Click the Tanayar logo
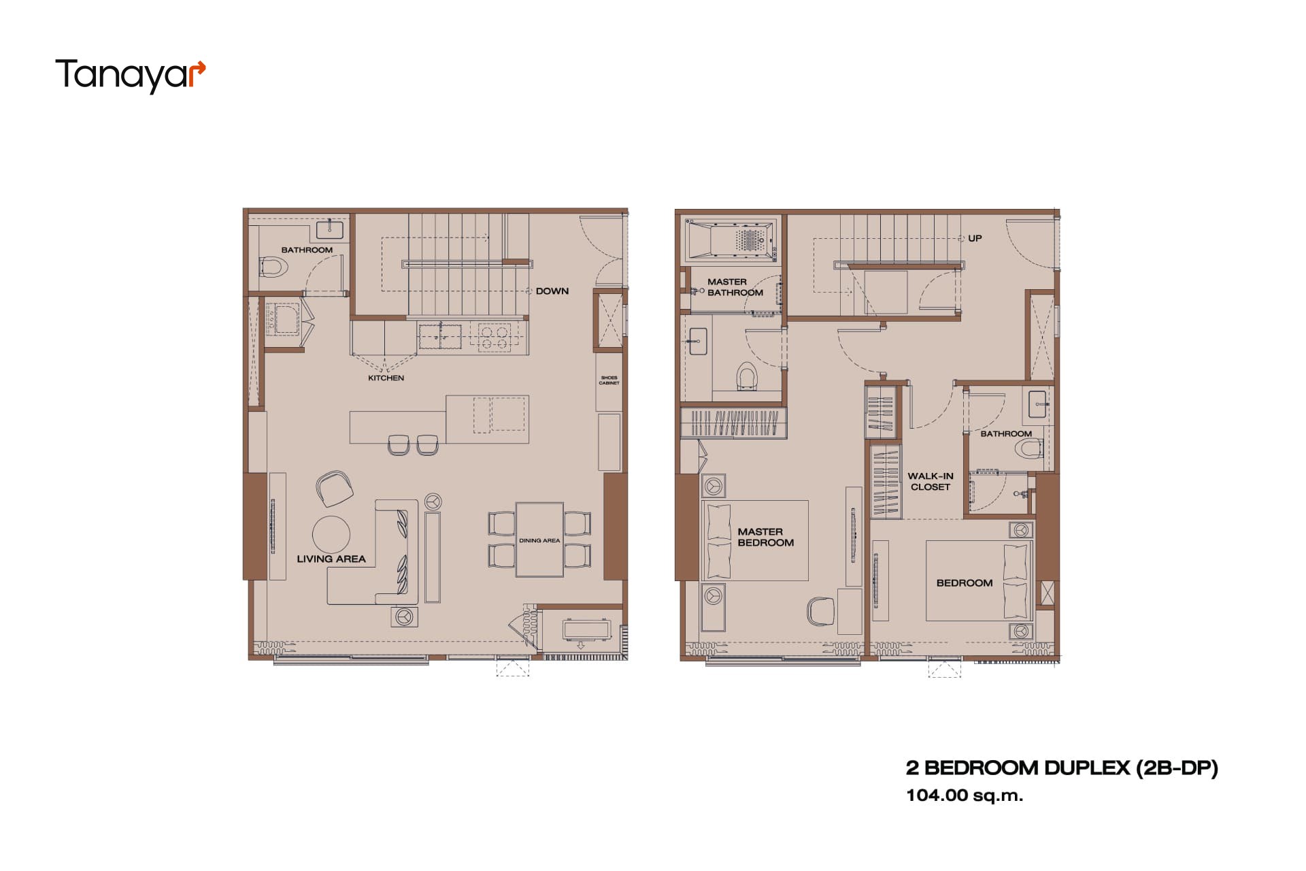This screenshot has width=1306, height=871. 130,75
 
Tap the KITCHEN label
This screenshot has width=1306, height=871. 386,378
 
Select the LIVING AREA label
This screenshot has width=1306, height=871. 331,559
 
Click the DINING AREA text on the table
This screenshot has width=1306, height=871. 539,540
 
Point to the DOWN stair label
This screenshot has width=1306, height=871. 552,291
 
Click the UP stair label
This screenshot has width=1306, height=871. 975,238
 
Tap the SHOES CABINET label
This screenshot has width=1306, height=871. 609,380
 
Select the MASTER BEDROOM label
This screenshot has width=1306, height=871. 765,537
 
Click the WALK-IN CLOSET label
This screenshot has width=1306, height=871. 931,481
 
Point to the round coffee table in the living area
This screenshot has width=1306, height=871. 331,534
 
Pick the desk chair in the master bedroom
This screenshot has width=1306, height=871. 820,610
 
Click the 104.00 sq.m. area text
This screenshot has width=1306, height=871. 964,795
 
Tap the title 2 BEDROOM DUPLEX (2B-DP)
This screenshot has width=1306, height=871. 1062,768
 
